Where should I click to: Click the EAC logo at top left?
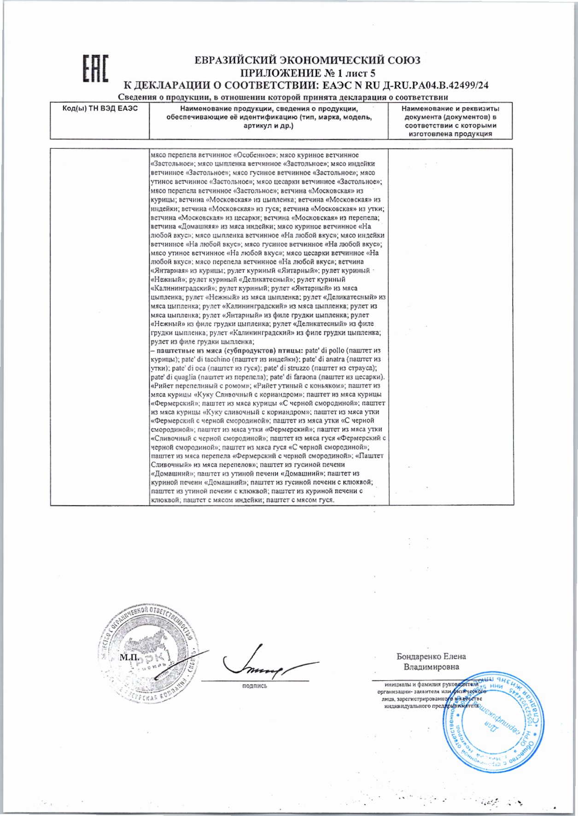[95, 69]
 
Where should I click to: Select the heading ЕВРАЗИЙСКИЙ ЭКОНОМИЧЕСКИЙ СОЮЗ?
[307, 60]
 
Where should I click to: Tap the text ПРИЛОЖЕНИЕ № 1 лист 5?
[308, 73]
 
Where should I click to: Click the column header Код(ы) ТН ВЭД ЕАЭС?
[99, 109]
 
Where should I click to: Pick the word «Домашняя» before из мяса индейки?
[199, 227]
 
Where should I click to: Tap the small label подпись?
[254, 686]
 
